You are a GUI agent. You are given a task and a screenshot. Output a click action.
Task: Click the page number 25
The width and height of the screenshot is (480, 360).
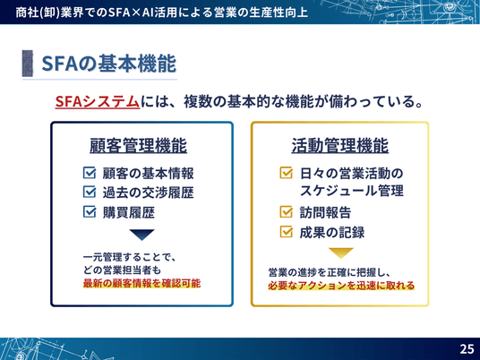467,348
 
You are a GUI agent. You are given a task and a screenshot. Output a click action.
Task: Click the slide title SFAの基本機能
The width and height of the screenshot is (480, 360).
108,64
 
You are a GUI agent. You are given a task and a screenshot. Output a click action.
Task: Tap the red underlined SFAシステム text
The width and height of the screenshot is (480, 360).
98,101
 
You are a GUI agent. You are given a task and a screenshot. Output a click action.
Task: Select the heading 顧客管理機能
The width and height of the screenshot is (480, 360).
138,145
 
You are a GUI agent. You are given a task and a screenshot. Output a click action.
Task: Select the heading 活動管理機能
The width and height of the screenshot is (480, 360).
339,145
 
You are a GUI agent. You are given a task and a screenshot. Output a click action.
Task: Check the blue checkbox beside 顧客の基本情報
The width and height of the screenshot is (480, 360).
90,173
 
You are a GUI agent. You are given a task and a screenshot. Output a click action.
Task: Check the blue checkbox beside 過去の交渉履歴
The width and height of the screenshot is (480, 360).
90,192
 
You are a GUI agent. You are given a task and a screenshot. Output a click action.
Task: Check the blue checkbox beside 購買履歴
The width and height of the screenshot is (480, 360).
90,211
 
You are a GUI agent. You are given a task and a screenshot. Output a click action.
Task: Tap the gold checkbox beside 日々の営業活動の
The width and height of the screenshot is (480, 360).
287,172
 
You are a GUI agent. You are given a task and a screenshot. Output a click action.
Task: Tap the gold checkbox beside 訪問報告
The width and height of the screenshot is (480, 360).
287,211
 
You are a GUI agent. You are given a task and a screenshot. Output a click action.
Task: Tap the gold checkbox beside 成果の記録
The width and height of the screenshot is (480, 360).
287,231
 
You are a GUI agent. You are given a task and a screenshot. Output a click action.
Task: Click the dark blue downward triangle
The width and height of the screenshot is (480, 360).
141,235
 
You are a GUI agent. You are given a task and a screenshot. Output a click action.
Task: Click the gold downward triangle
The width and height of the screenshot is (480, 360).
340,253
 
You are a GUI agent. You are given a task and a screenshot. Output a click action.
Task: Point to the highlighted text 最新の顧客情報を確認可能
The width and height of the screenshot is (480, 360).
141,283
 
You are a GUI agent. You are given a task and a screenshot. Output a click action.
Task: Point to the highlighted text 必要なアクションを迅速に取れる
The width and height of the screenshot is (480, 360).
341,286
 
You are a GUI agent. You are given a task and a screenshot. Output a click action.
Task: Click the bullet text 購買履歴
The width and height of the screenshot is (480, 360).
129,212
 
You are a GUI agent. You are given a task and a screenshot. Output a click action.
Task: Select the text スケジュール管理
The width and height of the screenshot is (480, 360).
351,191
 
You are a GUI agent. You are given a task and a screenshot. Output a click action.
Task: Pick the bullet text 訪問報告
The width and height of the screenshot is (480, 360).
325,212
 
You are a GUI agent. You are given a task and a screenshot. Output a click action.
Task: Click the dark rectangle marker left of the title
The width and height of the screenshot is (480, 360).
28,64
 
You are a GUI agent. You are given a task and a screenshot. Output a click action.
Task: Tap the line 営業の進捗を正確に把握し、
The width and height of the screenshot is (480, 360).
329,272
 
